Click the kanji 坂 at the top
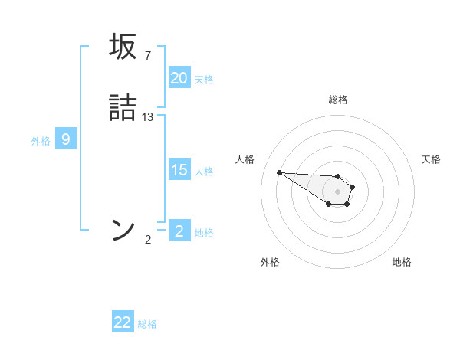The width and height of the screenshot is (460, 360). [124, 47]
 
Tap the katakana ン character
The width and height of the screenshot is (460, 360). [124, 230]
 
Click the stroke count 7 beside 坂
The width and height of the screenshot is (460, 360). [147, 56]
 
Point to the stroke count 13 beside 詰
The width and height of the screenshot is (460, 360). [148, 117]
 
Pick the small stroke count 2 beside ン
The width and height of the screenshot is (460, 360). [147, 240]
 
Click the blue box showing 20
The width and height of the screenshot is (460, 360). [179, 78]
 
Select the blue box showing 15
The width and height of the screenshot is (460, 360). [179, 170]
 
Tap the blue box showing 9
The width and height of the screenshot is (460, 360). [66, 139]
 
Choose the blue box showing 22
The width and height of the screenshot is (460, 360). [123, 322]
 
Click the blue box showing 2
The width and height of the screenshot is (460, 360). [179, 231]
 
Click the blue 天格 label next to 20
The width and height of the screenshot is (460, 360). [204, 80]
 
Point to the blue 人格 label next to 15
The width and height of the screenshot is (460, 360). [204, 172]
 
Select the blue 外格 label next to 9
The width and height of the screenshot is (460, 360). [41, 141]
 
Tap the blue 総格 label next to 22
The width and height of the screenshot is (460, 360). [147, 324]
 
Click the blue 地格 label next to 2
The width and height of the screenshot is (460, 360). [204, 233]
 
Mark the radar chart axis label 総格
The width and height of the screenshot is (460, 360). [338, 100]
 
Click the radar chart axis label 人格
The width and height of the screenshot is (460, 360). [245, 159]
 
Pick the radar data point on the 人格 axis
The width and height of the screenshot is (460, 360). [279, 172]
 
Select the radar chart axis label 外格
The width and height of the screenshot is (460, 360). [270, 262]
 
